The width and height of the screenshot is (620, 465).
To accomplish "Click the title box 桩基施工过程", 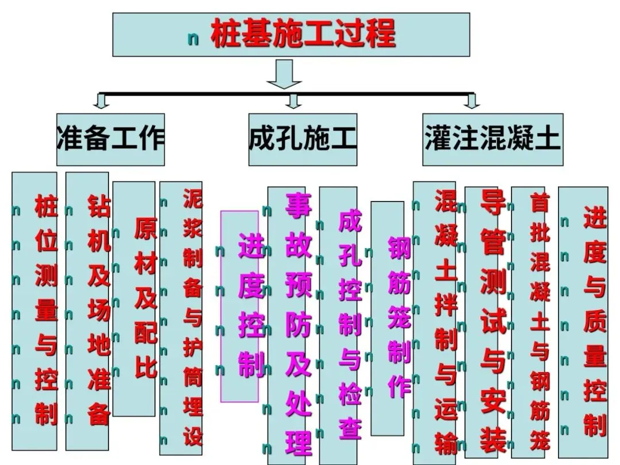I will tap(291, 34).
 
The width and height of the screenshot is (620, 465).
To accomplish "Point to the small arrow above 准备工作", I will tap(102, 102).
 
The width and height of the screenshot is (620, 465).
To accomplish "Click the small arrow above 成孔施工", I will tap(294, 102).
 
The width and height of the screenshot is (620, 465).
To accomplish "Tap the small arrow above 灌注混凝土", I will tap(472, 102).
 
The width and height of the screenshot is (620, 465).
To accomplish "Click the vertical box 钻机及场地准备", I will tap(87, 310).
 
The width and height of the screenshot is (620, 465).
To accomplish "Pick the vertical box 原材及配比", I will tap(134, 299).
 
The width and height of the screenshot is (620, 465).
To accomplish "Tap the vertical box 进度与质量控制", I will tap(583, 321).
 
